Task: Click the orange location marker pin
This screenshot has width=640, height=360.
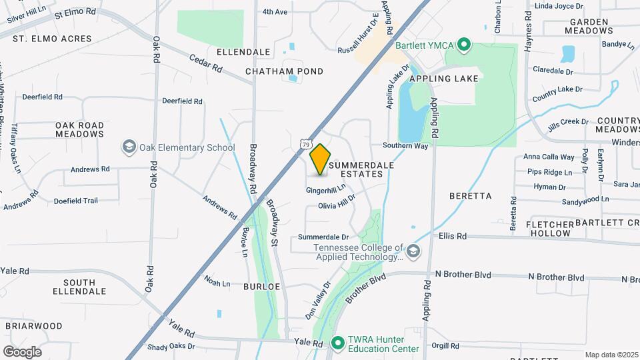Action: coord(321,159)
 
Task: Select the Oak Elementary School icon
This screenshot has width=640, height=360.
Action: coord(128,147)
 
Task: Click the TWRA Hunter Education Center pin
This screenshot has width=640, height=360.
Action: coord(338,343)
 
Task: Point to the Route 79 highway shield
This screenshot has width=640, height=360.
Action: coord(305,143)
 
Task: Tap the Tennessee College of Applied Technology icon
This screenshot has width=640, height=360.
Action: coord(414,251)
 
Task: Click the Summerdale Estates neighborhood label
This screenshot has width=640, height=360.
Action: coord(356,169)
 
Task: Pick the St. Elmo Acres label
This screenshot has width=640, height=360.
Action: coord(52,39)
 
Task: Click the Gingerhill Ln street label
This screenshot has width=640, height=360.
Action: coord(326,191)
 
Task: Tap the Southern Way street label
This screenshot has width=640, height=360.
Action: coord(405,145)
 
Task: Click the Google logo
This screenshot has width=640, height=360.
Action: coord(22,351)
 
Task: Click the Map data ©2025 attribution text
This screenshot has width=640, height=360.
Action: coord(611,355)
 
